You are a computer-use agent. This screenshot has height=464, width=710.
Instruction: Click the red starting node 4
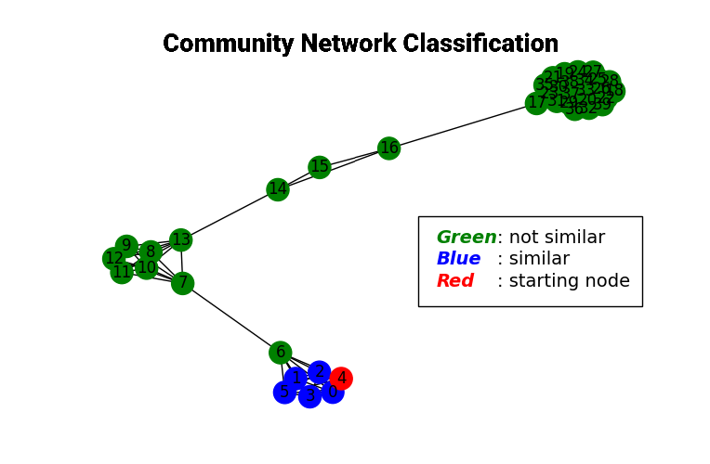[341, 378]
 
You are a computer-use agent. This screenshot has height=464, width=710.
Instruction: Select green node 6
[280, 353]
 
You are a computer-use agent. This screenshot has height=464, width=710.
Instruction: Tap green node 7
[183, 283]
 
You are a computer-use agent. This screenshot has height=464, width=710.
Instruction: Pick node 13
[180, 240]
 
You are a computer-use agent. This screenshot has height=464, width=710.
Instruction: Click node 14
[277, 189]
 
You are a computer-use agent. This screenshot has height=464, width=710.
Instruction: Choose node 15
[320, 167]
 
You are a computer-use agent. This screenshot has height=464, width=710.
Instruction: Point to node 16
[388, 148]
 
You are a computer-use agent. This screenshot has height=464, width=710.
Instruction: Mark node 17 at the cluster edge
[536, 103]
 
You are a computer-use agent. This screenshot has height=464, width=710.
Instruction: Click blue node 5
[284, 393]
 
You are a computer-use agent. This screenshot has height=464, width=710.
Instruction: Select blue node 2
[319, 372]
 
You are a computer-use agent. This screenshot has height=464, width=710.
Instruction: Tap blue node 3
[309, 396]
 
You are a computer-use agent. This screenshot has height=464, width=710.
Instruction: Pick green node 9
[126, 246]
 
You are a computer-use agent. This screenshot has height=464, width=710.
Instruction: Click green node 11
[121, 272]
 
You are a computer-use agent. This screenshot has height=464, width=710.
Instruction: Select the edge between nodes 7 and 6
[231, 318]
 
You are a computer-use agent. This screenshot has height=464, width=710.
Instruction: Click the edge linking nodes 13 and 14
[229, 215]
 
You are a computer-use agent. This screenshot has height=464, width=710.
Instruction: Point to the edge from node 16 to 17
[462, 125]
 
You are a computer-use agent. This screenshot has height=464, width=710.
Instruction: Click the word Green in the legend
[466, 238]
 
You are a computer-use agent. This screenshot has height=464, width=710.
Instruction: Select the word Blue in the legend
[458, 259]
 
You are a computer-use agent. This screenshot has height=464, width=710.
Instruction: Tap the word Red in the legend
[454, 281]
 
